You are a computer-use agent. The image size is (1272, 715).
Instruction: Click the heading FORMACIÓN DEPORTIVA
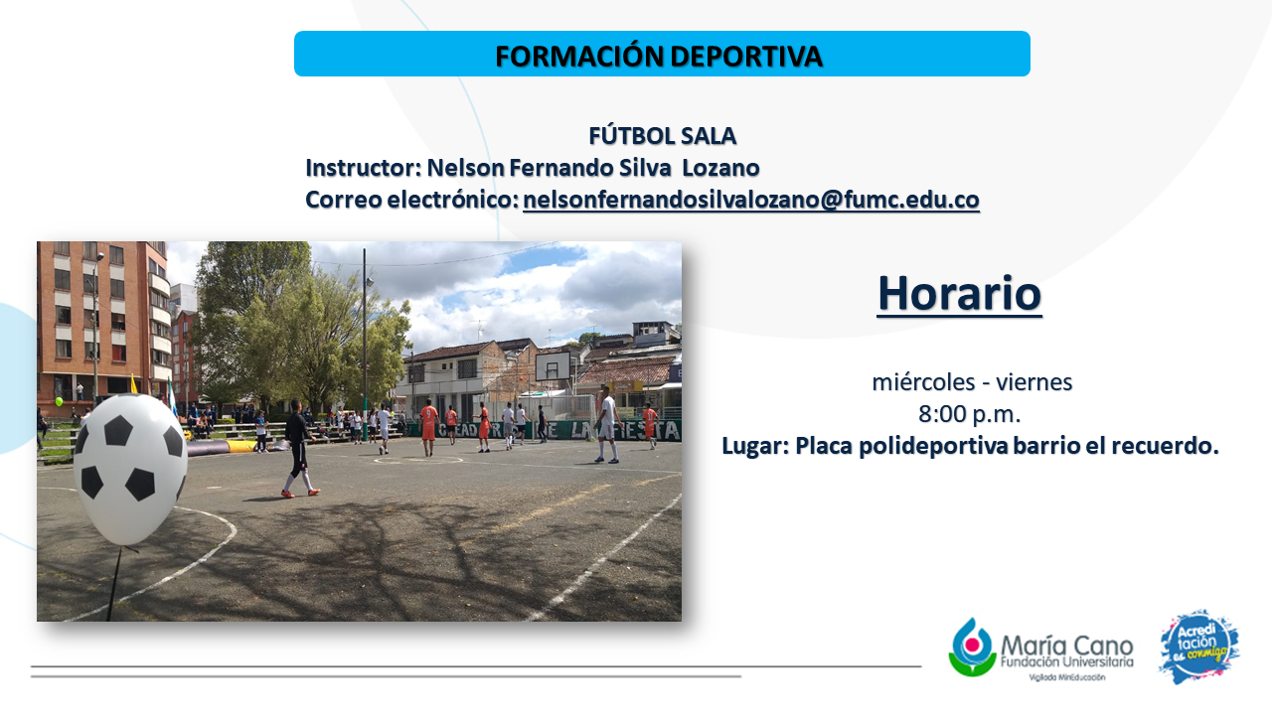(659, 57)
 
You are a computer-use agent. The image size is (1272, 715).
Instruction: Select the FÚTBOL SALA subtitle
(662, 136)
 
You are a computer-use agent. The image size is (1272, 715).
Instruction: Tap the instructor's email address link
(750, 200)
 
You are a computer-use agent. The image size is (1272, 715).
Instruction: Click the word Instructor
(360, 168)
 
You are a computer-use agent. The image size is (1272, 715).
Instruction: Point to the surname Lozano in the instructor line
(720, 168)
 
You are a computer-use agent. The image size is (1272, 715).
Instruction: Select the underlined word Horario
(959, 293)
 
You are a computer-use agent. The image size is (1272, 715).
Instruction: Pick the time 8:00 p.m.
(969, 414)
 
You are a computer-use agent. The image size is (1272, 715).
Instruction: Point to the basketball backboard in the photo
(553, 366)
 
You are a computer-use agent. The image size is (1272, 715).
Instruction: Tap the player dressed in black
(298, 448)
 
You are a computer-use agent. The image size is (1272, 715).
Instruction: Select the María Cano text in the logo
(1067, 646)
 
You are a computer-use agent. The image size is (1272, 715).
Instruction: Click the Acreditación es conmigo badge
(1198, 646)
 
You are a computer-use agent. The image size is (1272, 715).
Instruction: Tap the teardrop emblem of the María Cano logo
(972, 646)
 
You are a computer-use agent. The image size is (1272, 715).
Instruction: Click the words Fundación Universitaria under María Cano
(1067, 662)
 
